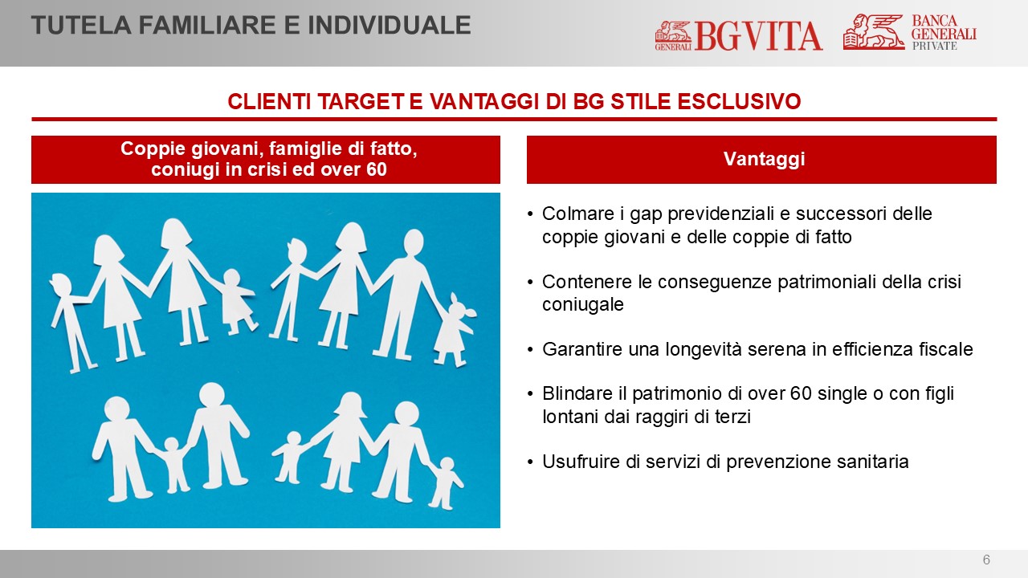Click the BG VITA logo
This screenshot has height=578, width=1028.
[x=738, y=35]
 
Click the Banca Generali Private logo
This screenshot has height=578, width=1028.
[x=910, y=31]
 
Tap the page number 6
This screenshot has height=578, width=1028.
[x=986, y=560]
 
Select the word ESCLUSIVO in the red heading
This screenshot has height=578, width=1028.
[x=739, y=101]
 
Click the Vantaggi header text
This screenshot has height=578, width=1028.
[x=764, y=159]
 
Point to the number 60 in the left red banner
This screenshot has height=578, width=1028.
[x=377, y=169]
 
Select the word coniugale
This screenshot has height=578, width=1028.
[x=583, y=304]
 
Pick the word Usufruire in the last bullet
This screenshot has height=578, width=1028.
[x=581, y=462]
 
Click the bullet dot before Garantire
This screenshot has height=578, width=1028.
[x=531, y=350]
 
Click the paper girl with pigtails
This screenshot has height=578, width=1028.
[x=455, y=330]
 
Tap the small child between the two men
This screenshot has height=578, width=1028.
[x=173, y=464]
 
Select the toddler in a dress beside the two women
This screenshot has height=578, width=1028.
[x=236, y=301]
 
